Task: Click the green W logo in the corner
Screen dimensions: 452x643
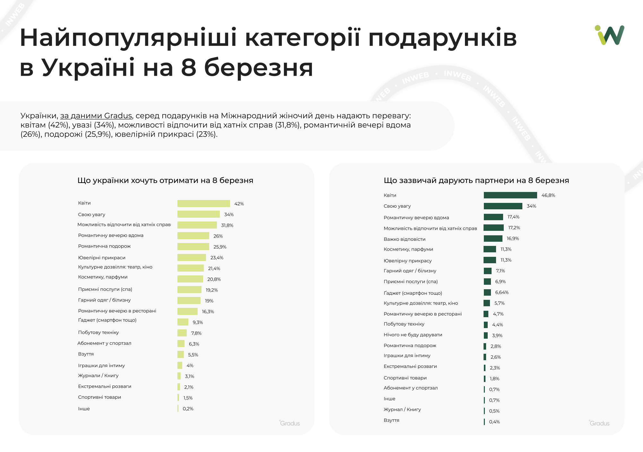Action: [610, 35]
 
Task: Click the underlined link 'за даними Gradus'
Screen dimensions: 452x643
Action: [96, 116]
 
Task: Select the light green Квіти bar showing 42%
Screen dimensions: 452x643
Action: [203, 204]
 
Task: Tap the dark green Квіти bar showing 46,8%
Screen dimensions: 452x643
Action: [510, 195]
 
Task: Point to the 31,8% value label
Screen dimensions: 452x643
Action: [227, 225]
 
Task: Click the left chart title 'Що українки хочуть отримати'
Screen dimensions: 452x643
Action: [165, 180]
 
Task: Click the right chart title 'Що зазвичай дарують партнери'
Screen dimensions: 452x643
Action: [476, 180]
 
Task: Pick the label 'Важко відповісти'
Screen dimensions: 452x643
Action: [404, 239]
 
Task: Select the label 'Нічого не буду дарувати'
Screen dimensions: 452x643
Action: [413, 335]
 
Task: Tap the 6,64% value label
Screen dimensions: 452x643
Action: [502, 292]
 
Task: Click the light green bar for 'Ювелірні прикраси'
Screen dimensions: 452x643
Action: [192, 257]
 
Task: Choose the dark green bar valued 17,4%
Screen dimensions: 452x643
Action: [493, 217]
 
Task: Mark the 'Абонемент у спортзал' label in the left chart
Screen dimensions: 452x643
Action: [104, 343]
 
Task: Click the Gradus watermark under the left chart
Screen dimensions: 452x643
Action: [290, 423]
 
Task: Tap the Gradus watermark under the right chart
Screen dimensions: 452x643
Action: [599, 423]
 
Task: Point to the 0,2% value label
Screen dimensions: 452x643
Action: [188, 409]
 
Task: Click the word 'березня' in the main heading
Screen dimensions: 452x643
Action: [258, 68]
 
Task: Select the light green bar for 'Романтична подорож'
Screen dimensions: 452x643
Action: [193, 247]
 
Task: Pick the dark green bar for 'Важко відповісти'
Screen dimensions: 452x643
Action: [493, 239]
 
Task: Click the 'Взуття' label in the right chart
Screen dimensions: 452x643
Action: [391, 420]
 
